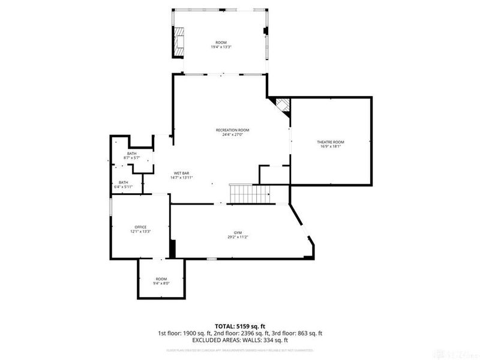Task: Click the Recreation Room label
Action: point(233,130)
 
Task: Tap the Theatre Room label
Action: point(331,142)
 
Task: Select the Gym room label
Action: point(238,232)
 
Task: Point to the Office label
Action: point(140,227)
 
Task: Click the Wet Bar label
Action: point(182,173)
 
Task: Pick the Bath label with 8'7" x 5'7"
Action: point(131,154)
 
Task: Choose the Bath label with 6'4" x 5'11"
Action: point(123,182)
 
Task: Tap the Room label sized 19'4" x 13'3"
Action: point(221,42)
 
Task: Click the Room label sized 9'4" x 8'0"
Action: point(161,279)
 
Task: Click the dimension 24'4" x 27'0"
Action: point(233,135)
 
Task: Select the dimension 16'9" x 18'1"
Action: point(331,146)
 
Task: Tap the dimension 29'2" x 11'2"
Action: point(238,237)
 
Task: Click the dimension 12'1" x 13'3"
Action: point(140,232)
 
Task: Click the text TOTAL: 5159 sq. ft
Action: point(240,326)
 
